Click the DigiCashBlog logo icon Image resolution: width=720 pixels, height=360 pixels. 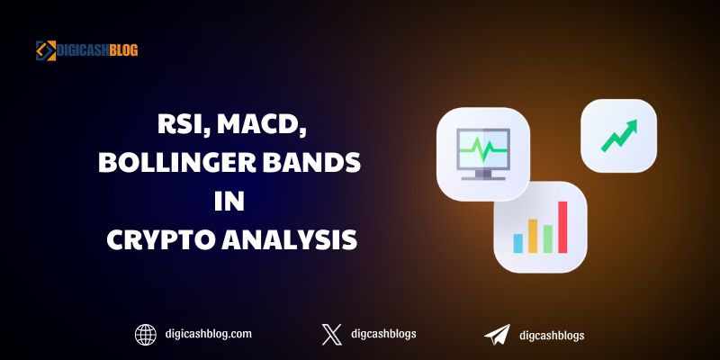click(46, 50)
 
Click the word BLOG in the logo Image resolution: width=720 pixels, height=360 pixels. click(123, 50)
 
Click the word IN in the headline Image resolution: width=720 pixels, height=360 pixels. click(229, 201)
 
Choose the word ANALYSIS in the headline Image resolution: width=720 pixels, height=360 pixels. click(290, 239)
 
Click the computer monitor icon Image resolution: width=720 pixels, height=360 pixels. click(483, 154)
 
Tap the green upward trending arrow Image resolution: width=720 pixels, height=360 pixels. click(619, 136)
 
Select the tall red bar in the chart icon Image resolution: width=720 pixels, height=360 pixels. click(562, 227)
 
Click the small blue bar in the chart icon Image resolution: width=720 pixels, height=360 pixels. click(518, 243)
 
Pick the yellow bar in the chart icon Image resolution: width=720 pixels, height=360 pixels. click(533, 236)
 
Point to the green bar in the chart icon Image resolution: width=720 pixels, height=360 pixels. click(548, 238)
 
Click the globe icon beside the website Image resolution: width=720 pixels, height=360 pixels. click(146, 335)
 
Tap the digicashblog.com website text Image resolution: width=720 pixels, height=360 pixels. click(209, 334)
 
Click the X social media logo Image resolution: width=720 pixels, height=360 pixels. click(332, 335)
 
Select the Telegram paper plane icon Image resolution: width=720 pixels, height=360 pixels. click(498, 335)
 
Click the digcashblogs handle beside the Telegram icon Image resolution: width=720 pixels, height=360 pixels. click(552, 335)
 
